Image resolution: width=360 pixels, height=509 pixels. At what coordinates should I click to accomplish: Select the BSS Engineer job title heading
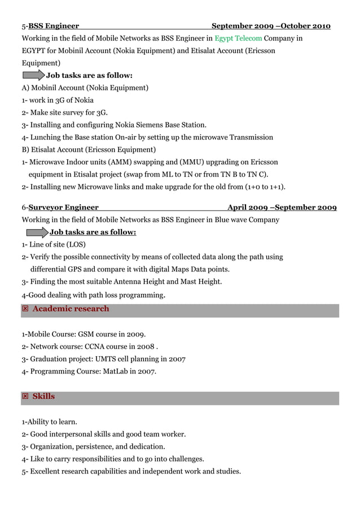(54, 26)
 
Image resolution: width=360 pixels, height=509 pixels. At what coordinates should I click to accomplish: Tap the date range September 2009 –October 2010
(271, 26)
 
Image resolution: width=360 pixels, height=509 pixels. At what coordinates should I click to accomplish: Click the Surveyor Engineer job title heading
(63, 208)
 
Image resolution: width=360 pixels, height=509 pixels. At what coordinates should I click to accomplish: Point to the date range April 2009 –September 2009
(282, 208)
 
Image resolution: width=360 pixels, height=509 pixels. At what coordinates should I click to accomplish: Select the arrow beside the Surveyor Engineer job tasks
(37, 232)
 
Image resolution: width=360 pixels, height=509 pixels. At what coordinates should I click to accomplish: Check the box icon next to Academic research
(25, 309)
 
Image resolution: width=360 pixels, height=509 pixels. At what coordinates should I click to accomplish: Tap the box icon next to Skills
(25, 397)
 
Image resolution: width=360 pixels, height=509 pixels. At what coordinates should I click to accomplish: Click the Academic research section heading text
(71, 309)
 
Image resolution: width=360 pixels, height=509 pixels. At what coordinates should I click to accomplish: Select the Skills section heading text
(43, 397)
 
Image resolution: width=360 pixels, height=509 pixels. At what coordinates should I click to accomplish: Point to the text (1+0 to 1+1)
(265, 187)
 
